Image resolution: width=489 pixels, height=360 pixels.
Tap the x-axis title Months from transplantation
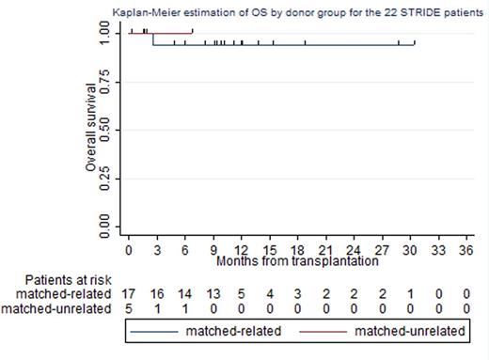pos(297,261)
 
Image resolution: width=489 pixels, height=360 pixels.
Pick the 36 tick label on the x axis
pos(465,252)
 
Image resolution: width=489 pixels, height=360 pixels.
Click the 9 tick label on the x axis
pos(213,252)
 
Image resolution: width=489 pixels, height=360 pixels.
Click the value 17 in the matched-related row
pos(129,293)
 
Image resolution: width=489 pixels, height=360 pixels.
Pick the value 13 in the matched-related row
pos(213,293)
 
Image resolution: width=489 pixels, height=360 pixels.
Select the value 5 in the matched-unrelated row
pos(129,307)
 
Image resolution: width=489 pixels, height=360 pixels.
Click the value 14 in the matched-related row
pos(185,293)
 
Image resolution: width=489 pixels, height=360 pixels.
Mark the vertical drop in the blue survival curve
pos(153,38)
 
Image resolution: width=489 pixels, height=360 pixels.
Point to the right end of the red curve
pos(193,31)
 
